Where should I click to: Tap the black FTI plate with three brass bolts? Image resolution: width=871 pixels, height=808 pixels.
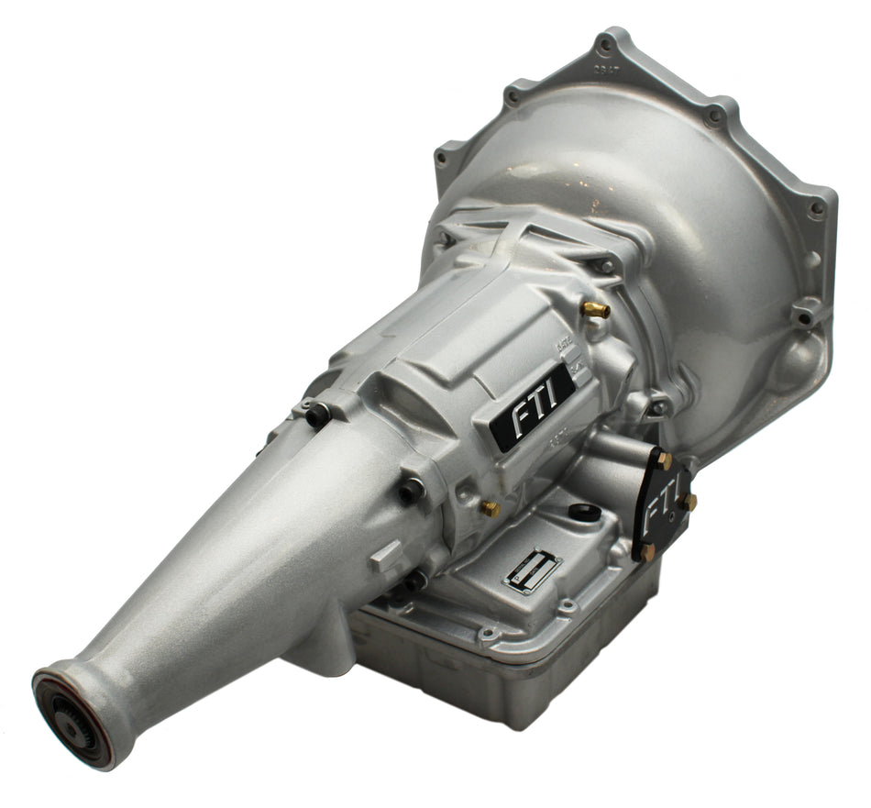[662, 502]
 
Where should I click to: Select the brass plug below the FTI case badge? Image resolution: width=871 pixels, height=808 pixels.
[491, 508]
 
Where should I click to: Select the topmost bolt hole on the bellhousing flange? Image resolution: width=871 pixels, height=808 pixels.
[604, 42]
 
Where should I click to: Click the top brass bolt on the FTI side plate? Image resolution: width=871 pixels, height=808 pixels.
[663, 461]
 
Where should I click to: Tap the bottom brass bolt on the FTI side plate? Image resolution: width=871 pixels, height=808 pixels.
[648, 552]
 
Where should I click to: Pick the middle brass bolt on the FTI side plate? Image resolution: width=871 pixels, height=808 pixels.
[688, 502]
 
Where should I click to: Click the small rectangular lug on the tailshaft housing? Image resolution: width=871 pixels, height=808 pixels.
[386, 555]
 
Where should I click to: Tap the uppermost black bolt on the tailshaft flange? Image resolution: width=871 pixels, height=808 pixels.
[317, 415]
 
